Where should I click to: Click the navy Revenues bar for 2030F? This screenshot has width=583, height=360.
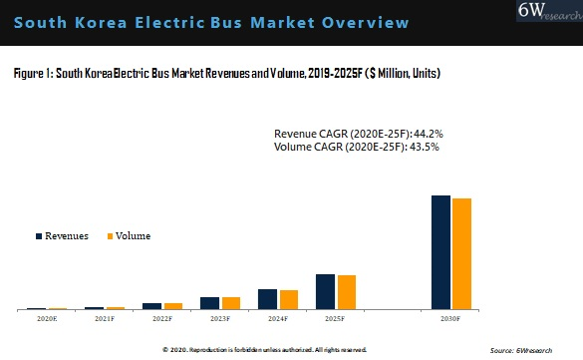click(x=440, y=252)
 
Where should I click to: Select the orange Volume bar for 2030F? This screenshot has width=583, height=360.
click(x=461, y=254)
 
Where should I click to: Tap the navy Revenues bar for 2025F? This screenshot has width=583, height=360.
click(x=325, y=292)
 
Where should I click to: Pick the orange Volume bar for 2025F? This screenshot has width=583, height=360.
click(x=346, y=292)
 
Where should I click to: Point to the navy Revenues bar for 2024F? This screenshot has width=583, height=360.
click(x=267, y=299)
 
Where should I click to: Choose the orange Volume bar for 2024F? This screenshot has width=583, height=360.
click(x=288, y=300)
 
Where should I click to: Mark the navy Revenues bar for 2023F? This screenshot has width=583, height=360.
click(x=209, y=303)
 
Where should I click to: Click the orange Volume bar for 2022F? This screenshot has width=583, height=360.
click(x=172, y=306)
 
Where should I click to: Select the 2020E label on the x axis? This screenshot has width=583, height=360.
click(x=47, y=319)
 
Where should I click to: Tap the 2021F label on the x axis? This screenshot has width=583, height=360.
click(x=104, y=319)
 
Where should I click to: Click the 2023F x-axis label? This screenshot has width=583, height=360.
click(x=219, y=319)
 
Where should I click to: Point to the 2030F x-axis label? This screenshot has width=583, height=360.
click(x=450, y=319)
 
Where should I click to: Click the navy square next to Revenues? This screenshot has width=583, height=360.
click(x=39, y=236)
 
